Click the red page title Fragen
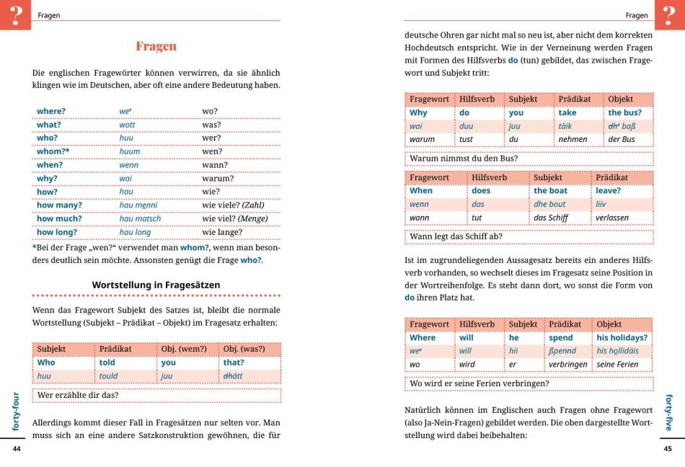(x=156, y=46)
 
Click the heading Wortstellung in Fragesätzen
(x=156, y=285)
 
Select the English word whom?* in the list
(x=53, y=151)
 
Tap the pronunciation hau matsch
(x=141, y=218)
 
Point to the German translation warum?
(x=218, y=178)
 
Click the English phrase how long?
(x=57, y=232)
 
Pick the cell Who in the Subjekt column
(x=46, y=363)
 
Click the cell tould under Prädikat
(x=108, y=375)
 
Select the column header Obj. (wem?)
(x=183, y=349)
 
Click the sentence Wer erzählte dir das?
(x=78, y=395)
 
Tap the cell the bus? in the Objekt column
(x=624, y=112)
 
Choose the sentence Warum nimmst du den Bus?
(x=464, y=159)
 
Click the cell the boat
(x=550, y=191)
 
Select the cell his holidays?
(x=622, y=337)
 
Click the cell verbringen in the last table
(x=568, y=364)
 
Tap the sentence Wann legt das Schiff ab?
(x=456, y=236)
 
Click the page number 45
(x=668, y=449)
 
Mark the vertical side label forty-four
(x=17, y=412)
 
